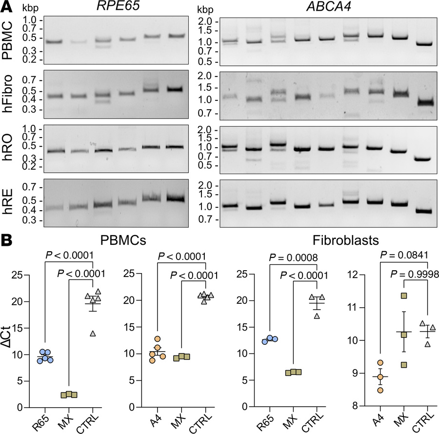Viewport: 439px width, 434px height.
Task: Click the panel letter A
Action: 6,7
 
